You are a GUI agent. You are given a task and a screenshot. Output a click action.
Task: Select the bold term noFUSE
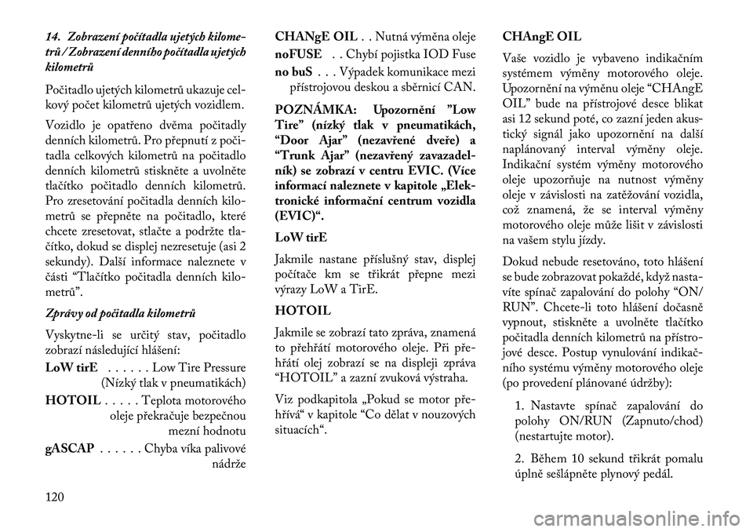coord(298,56)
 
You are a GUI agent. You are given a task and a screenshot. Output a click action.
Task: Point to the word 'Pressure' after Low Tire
coord(224,367)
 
